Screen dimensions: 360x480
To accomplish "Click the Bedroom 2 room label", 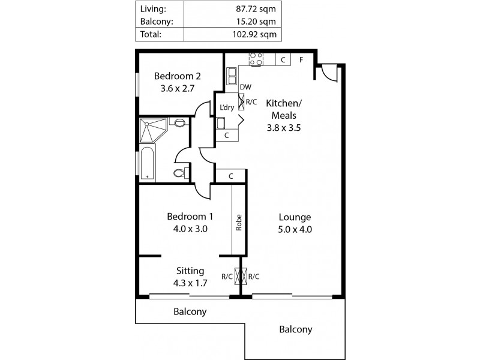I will point(177,76).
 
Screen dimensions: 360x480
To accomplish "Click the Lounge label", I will point(295,217).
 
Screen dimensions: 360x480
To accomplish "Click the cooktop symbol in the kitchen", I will point(256,59).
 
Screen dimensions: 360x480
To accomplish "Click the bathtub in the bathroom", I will point(147,165).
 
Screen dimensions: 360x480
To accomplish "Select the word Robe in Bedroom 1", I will point(238,224).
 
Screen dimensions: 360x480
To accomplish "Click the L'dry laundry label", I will point(227,108).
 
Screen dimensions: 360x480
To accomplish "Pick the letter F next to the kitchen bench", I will point(301,59).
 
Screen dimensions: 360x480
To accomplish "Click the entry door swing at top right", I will point(328,72).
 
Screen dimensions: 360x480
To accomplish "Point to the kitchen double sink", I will point(232,76).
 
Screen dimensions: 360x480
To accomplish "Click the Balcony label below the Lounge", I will point(295,329).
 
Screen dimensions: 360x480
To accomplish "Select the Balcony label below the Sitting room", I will point(190,311).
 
